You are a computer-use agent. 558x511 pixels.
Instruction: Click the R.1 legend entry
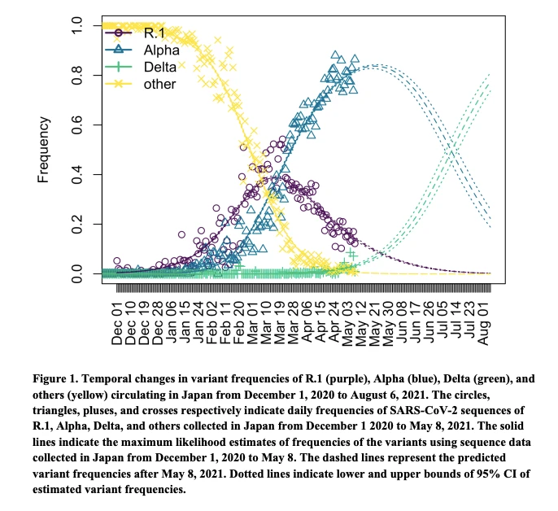(x=155, y=33)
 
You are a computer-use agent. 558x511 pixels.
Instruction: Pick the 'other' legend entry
(x=159, y=84)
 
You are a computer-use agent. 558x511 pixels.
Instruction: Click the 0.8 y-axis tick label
(x=76, y=76)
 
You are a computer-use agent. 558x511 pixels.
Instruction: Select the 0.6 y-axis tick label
(x=76, y=125)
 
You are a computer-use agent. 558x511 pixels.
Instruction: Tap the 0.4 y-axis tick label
(x=76, y=175)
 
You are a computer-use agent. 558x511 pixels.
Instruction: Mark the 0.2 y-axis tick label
(x=76, y=224)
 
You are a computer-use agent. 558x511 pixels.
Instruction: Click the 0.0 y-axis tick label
(x=76, y=273)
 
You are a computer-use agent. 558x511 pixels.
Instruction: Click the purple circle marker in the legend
(x=119, y=33)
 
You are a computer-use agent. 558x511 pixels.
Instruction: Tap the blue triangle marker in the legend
(x=119, y=50)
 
